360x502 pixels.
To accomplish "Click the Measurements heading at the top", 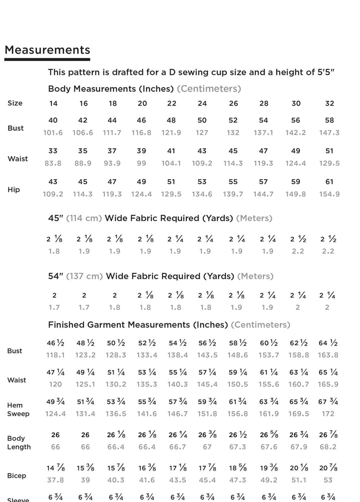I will point(47,50).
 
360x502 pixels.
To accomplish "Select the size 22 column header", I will point(171,104).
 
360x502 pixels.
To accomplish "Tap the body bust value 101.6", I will point(53,133).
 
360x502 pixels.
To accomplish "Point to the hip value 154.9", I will point(329,194).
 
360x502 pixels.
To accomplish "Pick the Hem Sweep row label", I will point(18,409).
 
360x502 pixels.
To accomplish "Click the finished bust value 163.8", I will point(328,355).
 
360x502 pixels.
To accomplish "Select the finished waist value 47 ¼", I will point(55,372).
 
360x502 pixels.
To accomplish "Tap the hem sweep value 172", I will point(328,414).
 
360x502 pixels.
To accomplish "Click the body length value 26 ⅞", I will point(328,435).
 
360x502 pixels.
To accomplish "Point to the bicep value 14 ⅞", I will point(55,468).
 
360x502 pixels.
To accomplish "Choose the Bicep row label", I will point(16,475).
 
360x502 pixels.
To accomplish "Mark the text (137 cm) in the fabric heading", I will point(84,276).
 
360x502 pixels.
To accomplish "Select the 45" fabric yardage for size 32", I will point(328,239).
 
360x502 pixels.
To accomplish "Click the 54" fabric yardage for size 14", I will point(54,296).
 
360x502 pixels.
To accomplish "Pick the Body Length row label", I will point(19,442).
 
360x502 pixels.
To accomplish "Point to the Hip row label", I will point(13,190).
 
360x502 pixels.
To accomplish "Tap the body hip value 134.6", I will point(202,194).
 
